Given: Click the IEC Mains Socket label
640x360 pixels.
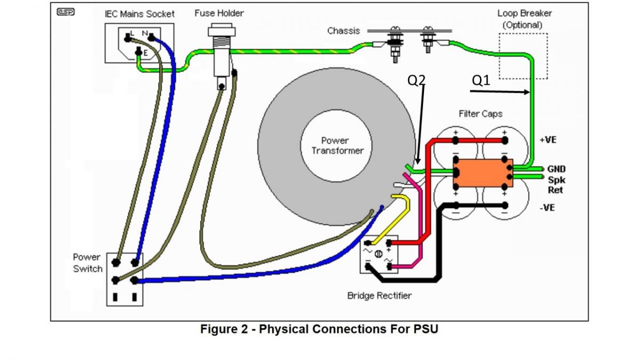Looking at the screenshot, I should (x=139, y=14).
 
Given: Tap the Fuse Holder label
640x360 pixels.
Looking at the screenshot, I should (x=219, y=13).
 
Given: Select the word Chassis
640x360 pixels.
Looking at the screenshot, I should (x=343, y=31).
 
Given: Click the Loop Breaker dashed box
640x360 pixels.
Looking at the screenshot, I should (x=523, y=56).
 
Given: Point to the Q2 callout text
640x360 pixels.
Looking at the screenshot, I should (x=417, y=80).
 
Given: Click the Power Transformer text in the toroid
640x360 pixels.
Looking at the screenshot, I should (x=337, y=145).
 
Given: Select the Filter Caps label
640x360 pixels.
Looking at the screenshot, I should (x=480, y=114).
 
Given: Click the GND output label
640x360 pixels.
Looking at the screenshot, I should (x=556, y=169).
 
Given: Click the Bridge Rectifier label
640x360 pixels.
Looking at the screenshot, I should (x=379, y=295).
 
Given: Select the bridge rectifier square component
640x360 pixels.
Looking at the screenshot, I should (x=379, y=254).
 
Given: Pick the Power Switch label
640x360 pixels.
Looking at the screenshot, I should (x=87, y=263).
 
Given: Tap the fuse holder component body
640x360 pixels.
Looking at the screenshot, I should (x=220, y=59).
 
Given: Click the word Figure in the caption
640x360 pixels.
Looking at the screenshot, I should (x=219, y=329).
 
